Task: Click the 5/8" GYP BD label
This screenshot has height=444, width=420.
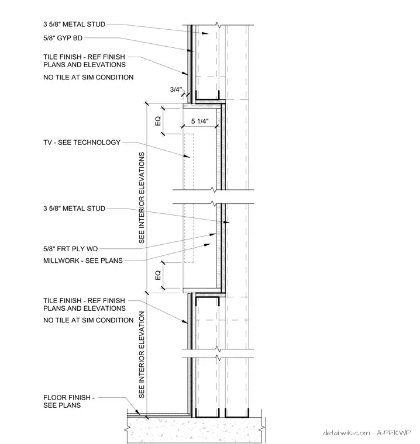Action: (x=63, y=38)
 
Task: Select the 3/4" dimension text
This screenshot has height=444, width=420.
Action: (x=175, y=89)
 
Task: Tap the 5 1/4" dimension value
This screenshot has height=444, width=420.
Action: (x=199, y=121)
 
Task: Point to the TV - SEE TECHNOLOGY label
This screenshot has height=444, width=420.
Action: (x=82, y=143)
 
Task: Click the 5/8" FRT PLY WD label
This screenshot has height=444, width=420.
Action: (x=70, y=249)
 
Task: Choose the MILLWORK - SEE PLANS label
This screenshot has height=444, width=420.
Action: (x=83, y=261)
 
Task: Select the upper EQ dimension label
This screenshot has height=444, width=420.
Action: (x=158, y=121)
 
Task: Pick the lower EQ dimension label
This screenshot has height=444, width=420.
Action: (x=158, y=275)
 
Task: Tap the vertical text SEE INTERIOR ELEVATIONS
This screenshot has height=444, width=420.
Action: (x=142, y=197)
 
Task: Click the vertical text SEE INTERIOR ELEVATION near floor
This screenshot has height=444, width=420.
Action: (x=142, y=355)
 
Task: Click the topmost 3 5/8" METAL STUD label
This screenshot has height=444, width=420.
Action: (x=74, y=25)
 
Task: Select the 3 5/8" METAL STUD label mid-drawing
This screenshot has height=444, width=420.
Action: (x=74, y=209)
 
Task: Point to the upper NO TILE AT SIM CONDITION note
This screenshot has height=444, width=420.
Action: (x=88, y=77)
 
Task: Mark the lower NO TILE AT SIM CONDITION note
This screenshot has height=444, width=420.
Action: (x=88, y=320)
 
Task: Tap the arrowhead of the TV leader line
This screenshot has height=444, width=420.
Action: (x=187, y=156)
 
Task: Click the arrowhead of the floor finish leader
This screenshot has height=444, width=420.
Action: (x=137, y=413)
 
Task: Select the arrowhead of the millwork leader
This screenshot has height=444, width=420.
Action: (x=208, y=245)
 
